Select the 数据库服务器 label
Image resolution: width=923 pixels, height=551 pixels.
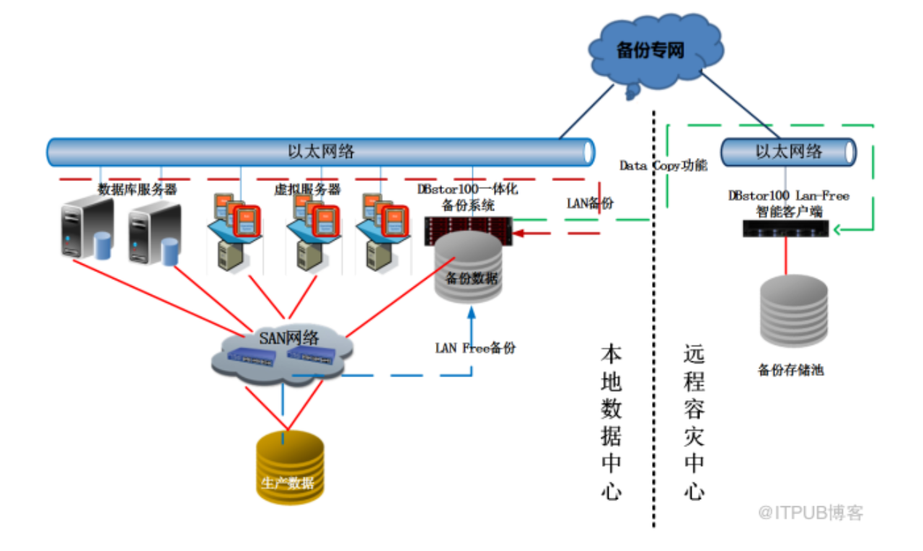coord(137,190)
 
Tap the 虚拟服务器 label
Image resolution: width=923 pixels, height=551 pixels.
coord(306,190)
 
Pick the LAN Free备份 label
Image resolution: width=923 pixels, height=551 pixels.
coord(475,348)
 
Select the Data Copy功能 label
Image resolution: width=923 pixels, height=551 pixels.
coord(663,165)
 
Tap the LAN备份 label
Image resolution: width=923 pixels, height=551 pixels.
coord(590,203)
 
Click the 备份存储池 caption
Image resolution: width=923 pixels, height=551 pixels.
coord(790,371)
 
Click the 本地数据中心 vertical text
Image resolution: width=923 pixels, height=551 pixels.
coord(611,422)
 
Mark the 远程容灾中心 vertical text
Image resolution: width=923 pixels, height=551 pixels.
coord(694,422)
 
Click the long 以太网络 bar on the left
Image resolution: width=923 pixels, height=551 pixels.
coord(321,152)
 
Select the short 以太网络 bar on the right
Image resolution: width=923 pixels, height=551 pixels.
coord(788,151)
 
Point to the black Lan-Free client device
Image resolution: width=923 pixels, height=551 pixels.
coord(787,229)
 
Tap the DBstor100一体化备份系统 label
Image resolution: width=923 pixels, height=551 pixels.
coord(467,197)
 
